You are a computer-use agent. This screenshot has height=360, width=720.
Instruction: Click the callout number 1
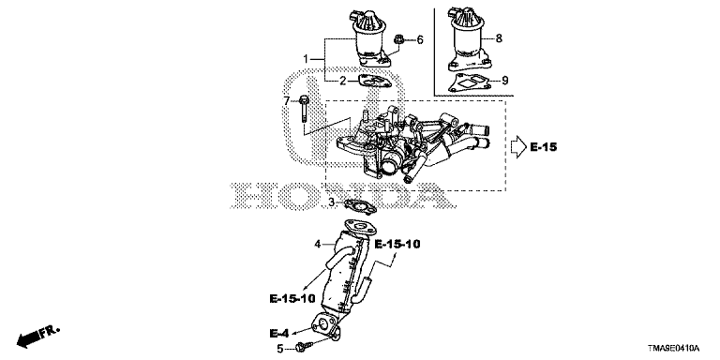point(306,59)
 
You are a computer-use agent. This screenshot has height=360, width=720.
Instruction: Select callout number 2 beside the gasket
point(342,82)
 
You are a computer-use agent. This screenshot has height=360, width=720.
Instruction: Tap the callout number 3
point(331,202)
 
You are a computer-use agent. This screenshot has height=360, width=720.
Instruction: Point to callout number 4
point(316,245)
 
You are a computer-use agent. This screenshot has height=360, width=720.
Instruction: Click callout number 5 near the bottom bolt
point(280,350)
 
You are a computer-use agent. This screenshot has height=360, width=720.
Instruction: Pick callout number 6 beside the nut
point(420,40)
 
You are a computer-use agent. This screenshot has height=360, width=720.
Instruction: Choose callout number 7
point(287,100)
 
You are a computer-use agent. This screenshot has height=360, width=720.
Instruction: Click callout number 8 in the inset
point(499,38)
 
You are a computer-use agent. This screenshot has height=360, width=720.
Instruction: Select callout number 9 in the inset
point(504,81)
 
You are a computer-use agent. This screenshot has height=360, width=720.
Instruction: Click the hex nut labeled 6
point(398,40)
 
